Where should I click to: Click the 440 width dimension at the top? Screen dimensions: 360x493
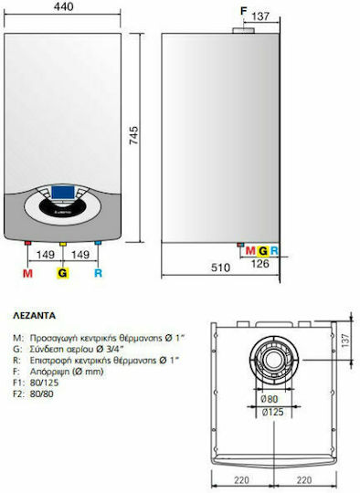pyautogui.click(x=63, y=6)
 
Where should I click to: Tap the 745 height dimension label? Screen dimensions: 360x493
pyautogui.click(x=133, y=135)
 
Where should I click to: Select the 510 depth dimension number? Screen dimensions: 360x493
pyautogui.click(x=220, y=267)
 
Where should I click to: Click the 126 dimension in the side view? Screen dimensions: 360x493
pyautogui.click(x=260, y=264)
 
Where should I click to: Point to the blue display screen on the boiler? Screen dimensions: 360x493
pyautogui.click(x=63, y=193)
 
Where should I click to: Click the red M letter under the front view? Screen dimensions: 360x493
pyautogui.click(x=27, y=273)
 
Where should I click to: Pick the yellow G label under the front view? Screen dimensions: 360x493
pyautogui.click(x=63, y=273)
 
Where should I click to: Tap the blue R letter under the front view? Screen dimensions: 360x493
pyautogui.click(x=98, y=273)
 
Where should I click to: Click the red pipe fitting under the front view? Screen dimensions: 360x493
pyautogui.click(x=28, y=243)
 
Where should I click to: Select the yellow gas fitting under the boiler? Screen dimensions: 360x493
pyautogui.click(x=63, y=244)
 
